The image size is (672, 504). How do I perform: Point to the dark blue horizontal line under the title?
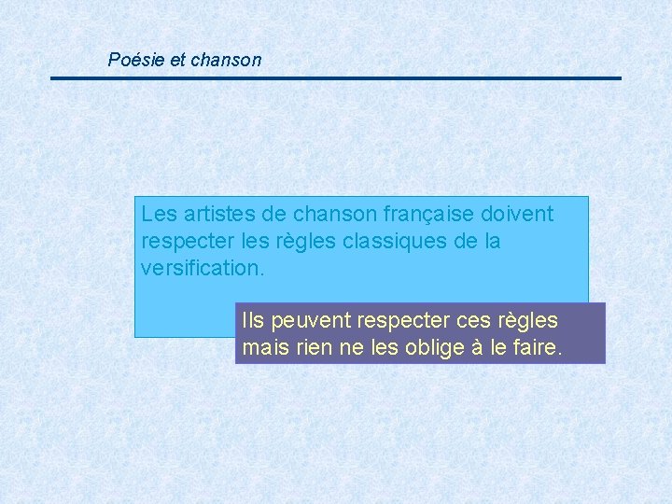click(336, 78)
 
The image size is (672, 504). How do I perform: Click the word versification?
click(203, 269)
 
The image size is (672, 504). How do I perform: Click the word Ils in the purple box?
click(252, 321)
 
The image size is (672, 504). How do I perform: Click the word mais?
click(263, 349)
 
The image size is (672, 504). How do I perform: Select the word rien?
click(310, 349)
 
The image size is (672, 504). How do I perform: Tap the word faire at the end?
click(536, 349)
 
